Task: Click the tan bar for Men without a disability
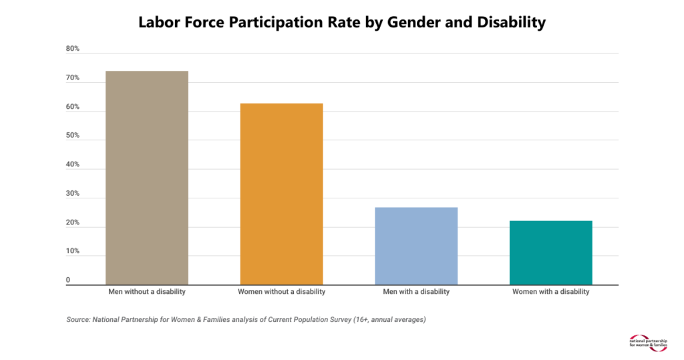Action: point(147,178)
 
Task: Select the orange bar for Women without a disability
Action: point(281,194)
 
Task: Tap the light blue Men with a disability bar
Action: point(416,246)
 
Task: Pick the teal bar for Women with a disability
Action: point(550,252)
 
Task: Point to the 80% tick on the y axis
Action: point(73,49)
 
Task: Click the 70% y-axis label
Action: point(73,78)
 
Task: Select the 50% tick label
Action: point(73,136)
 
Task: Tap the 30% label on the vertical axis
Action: point(73,194)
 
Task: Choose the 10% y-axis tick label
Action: point(73,252)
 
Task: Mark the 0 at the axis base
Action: point(68,281)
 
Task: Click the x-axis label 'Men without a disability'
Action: point(147,292)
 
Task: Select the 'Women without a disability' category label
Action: point(281,292)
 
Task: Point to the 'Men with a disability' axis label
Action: point(416,292)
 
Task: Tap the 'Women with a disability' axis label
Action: point(550,292)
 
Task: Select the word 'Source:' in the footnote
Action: point(79,320)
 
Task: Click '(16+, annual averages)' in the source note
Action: point(389,320)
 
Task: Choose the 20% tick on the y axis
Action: point(73,222)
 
